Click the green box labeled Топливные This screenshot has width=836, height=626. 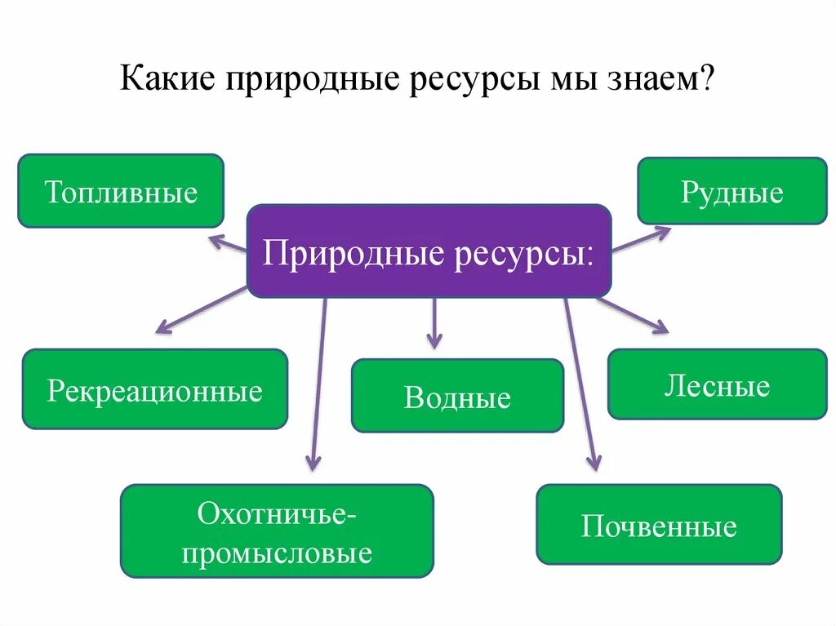click(x=121, y=191)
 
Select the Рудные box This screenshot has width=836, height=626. click(x=731, y=191)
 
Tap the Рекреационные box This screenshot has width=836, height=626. click(x=154, y=389)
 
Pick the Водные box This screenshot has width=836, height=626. click(x=457, y=396)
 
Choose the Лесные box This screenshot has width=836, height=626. click(x=717, y=384)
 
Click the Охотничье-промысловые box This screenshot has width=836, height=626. click(x=277, y=531)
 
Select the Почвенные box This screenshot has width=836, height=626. click(x=659, y=524)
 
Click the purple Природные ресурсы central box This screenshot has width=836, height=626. click(x=429, y=251)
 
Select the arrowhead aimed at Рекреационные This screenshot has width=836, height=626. click(x=163, y=329)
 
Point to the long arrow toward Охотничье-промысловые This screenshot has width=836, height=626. click(x=318, y=384)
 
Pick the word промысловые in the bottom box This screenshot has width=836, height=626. click(x=277, y=553)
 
